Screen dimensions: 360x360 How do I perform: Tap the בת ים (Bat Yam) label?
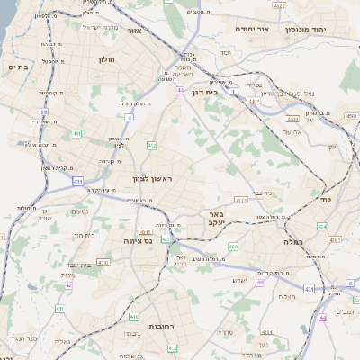point(19,67)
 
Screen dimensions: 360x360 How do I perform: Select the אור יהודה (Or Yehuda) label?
point(255,29)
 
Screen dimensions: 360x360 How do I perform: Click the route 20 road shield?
point(43,112)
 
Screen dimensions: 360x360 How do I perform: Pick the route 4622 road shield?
point(280,6)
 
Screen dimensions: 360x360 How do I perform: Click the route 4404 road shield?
point(292,117)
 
